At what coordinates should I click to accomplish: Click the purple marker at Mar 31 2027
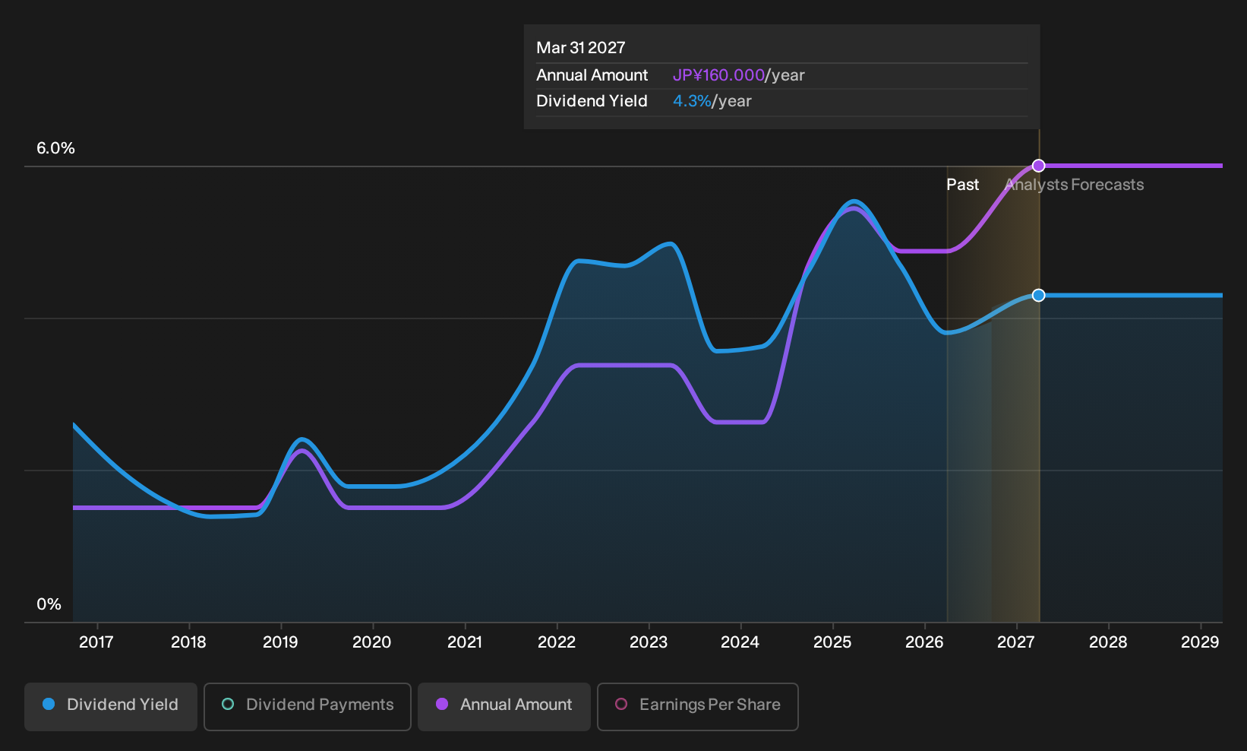coord(1038,166)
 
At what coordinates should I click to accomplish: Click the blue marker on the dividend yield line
coord(1038,295)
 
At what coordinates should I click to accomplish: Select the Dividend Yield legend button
coord(111,706)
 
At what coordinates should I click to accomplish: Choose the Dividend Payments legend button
coord(308,706)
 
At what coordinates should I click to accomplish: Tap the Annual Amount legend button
coord(504,706)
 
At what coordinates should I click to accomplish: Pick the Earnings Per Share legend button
coord(697,706)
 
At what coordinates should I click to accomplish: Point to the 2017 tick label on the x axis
coord(96,642)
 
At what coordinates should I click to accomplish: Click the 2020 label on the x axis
coord(372,642)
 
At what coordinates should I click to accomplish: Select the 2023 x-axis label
coord(649,642)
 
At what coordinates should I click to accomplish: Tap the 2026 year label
coord(924,642)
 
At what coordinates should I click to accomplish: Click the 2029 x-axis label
coord(1200,642)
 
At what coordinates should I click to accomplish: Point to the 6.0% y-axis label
coord(55,148)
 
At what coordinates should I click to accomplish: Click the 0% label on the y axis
coord(49,604)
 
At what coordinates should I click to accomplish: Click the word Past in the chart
coord(962,185)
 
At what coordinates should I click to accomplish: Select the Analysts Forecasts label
coord(1075,185)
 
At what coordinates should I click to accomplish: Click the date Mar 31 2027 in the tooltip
coord(581,48)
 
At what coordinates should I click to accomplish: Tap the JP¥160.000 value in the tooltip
coord(718,75)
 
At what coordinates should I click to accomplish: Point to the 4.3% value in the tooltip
coord(692,101)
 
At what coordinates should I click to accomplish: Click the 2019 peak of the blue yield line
coord(301,439)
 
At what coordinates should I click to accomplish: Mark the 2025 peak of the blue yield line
coord(854,201)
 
